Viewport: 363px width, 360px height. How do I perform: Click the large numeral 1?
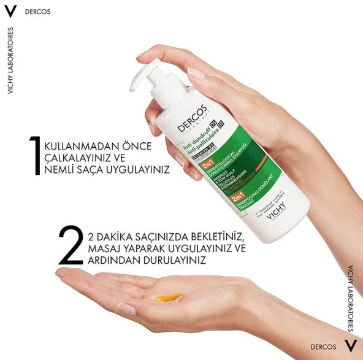(49, 157)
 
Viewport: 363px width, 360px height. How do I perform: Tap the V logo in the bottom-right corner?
(351, 346)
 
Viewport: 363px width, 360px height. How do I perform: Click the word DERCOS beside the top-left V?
(39, 12)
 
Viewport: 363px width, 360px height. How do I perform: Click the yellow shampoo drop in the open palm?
(169, 297)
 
